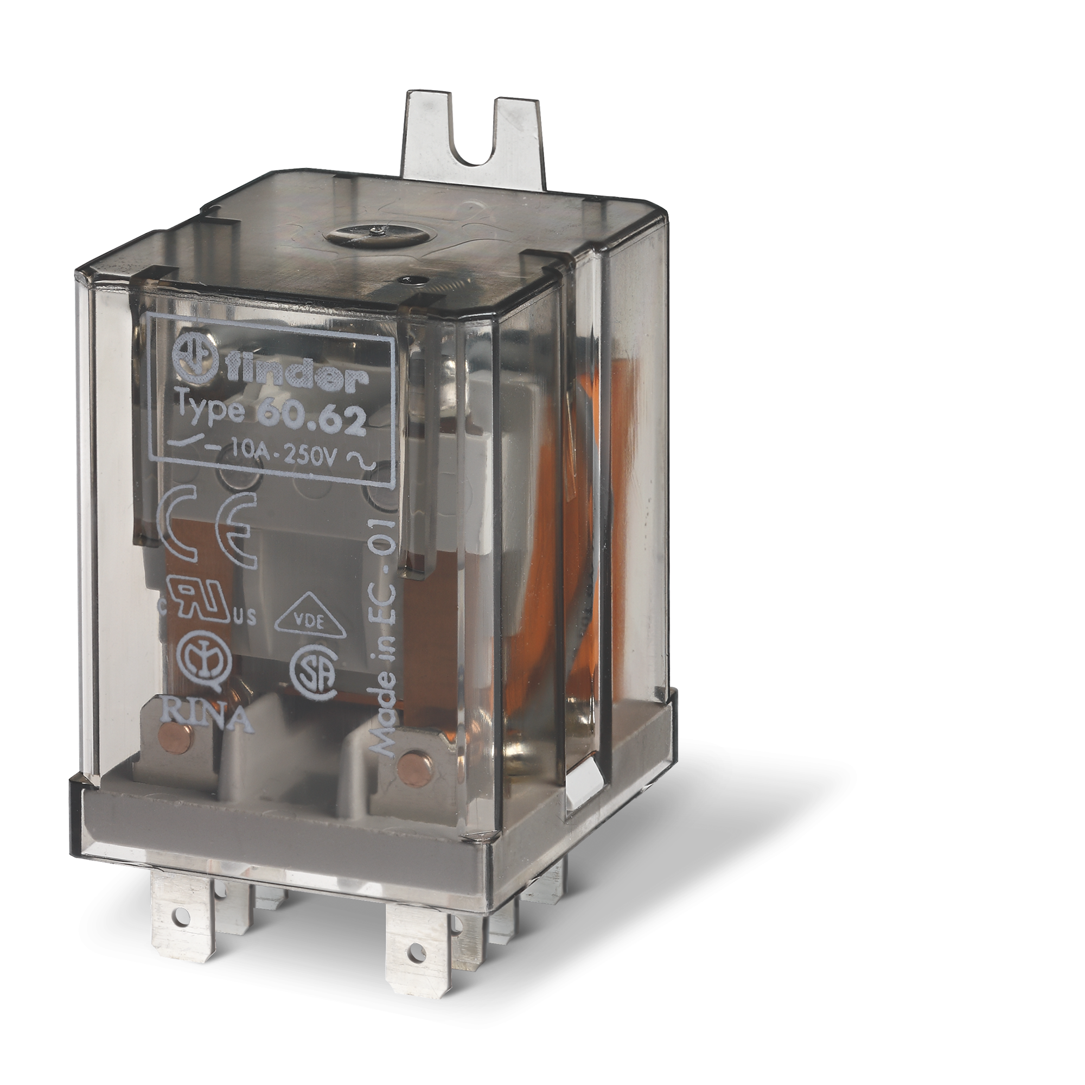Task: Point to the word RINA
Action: [x=207, y=721]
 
